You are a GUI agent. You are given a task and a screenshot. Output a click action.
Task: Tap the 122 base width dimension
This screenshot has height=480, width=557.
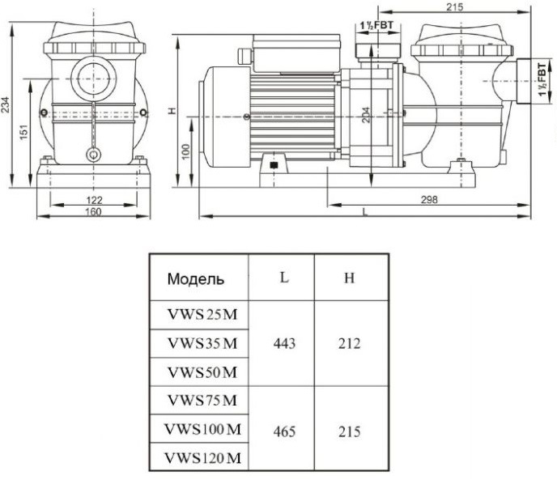coord(94,198)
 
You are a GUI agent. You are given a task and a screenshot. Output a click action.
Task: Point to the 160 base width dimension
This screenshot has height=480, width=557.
coord(94,212)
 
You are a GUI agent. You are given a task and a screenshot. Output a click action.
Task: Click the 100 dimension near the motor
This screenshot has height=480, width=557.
coord(187,153)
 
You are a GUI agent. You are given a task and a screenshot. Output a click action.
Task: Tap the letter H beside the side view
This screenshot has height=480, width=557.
coord(173,110)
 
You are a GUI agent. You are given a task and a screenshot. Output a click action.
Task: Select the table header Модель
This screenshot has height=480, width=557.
coord(196,280)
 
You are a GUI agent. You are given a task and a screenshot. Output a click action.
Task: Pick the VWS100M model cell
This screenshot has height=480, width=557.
coord(202,429)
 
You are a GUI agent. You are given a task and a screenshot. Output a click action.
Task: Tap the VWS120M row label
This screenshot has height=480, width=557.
coord(202,458)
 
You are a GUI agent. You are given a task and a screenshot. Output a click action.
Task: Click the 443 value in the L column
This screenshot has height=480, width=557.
coord(284,343)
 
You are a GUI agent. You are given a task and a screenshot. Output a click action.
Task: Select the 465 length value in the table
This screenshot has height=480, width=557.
coord(284,431)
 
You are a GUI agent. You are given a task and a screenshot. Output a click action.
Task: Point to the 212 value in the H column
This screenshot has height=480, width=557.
coord(350,343)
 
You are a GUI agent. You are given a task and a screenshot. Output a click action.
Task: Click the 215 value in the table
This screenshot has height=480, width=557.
coord(350,431)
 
